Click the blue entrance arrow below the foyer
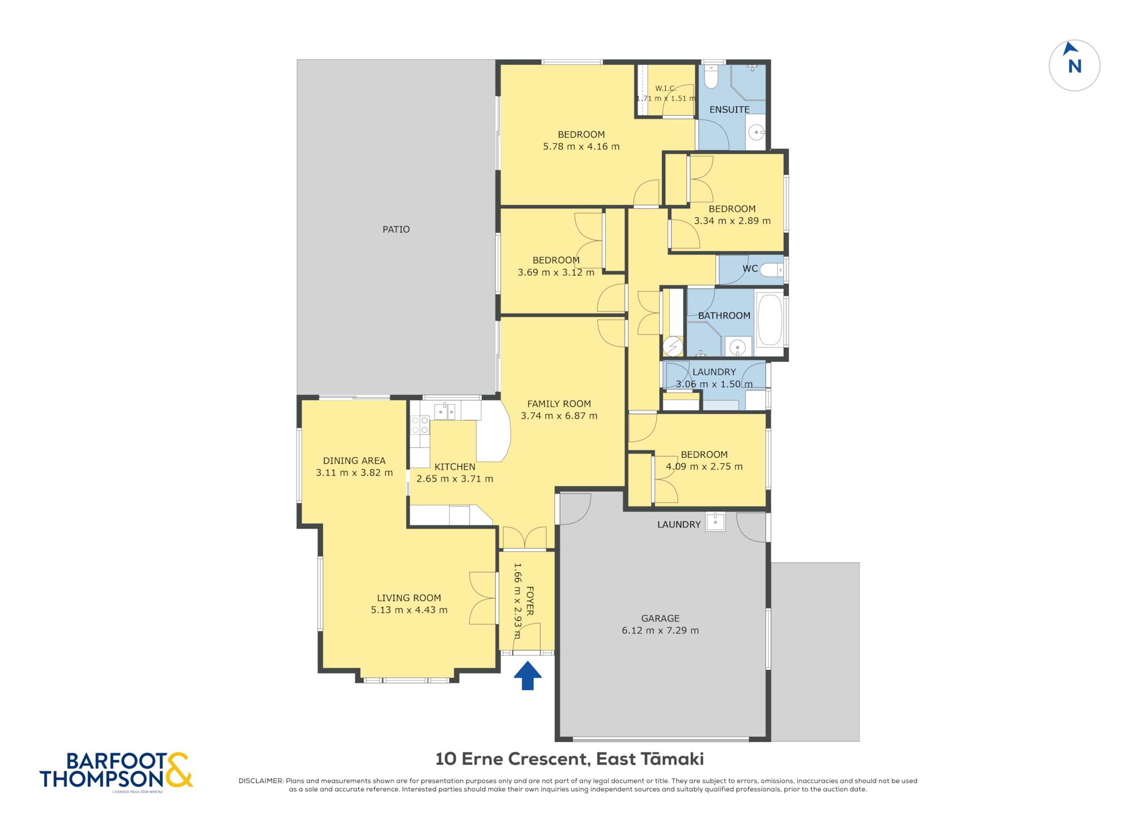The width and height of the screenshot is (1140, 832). (527, 675)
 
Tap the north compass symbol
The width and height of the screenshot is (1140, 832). (1074, 65)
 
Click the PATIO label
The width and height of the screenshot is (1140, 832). (396, 229)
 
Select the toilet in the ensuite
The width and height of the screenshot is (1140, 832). (711, 77)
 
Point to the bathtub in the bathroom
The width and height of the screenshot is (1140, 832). (770, 320)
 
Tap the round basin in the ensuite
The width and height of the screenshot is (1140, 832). (756, 133)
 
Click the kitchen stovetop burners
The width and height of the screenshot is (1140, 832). (420, 425)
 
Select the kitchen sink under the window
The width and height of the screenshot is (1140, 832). (445, 411)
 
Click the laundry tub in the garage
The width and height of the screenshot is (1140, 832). (715, 522)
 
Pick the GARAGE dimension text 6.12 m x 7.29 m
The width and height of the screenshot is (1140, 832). (660, 630)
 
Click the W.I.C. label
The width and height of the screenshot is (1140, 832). (666, 89)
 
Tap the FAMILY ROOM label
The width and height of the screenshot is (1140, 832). (559, 404)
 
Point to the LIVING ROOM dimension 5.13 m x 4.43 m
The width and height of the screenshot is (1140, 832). (409, 610)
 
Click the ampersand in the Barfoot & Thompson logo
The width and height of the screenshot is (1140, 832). (179, 770)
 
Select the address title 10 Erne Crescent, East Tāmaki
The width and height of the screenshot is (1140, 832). (569, 759)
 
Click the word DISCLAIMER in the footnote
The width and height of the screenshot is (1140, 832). (261, 781)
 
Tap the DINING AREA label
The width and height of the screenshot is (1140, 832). (354, 461)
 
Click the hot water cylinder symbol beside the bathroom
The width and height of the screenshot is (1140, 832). (672, 346)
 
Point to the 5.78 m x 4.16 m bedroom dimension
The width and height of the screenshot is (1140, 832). (581, 146)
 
